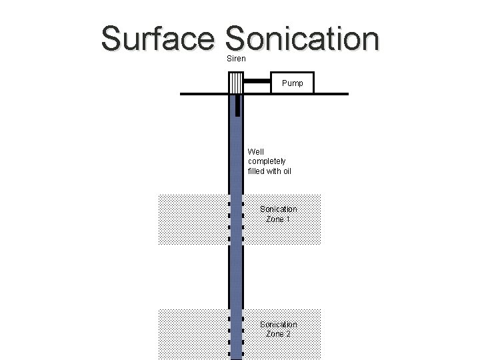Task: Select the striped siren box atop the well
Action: (x=236, y=82)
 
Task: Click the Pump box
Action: (x=292, y=83)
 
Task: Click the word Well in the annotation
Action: (x=256, y=151)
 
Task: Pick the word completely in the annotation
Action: (x=267, y=161)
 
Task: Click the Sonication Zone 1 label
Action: (x=278, y=214)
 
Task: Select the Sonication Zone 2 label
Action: (x=278, y=329)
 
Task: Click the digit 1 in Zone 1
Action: (x=287, y=219)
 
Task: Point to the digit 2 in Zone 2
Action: (x=288, y=334)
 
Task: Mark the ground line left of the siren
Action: (x=203, y=94)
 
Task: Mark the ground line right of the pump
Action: (x=331, y=94)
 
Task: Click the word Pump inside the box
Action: (x=292, y=84)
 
